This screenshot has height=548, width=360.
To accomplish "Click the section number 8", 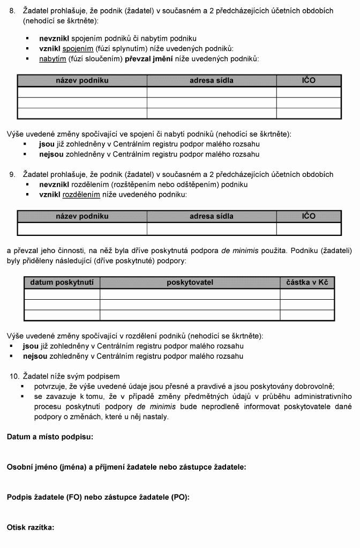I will point(12,11).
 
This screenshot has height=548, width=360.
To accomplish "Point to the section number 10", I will point(15,376).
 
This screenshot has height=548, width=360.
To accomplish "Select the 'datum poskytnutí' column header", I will point(62,282).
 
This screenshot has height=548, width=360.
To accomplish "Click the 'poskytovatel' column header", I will point(190,282).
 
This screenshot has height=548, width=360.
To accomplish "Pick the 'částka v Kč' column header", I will point(307,282).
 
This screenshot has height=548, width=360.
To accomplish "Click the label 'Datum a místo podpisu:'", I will point(50,437).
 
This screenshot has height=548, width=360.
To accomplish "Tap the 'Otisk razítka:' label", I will point(31,527).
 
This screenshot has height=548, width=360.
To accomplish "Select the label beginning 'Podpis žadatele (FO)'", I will point(98,497).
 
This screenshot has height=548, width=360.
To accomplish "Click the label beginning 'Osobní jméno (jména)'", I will point(126,467).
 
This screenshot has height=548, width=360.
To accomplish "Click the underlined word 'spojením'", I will point(78,48).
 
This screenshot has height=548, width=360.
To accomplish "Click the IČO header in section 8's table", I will point(309,80).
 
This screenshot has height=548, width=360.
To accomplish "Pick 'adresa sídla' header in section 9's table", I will point(212,216).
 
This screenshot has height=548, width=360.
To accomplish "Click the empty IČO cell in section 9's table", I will point(309,229).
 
